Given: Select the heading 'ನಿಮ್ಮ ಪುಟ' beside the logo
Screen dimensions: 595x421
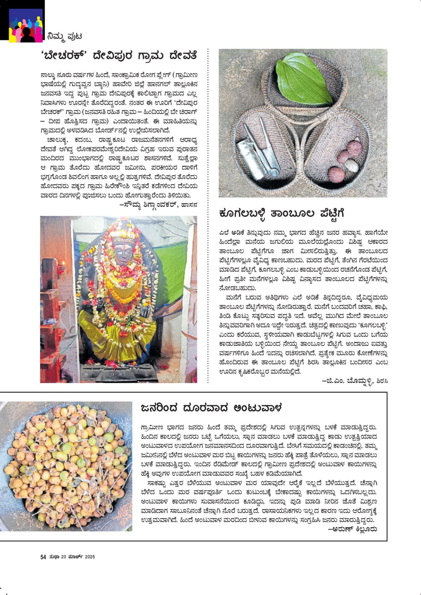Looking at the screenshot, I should pyautogui.click(x=64, y=36).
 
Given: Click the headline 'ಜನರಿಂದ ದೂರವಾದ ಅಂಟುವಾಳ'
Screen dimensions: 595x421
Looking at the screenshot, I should pyautogui.click(x=211, y=408).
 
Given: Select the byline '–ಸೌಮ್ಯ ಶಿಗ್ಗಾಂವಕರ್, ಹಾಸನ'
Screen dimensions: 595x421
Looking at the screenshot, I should pyautogui.click(x=158, y=204).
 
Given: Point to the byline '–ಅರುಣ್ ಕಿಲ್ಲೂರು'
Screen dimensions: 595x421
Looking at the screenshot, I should pyautogui.click(x=352, y=529).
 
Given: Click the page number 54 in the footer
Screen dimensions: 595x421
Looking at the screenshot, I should pyautogui.click(x=43, y=557).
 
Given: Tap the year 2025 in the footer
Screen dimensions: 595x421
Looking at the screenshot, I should pyautogui.click(x=90, y=557).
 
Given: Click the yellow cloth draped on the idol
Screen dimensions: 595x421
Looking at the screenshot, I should pyautogui.click(x=117, y=328).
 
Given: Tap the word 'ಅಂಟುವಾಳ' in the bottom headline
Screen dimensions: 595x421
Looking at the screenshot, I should pyautogui.click(x=257, y=408).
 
